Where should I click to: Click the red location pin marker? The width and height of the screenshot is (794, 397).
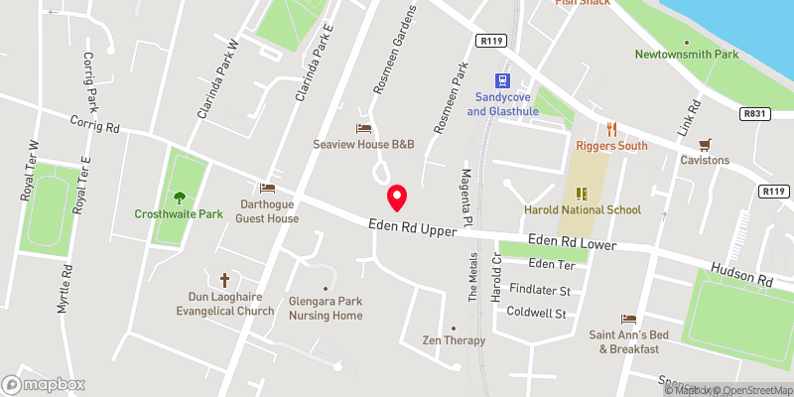(397, 198)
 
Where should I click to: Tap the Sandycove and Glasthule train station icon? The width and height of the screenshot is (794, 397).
(504, 80)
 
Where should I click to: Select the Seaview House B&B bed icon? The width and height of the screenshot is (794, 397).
(363, 128)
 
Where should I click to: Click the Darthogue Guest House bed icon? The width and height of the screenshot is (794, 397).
(266, 188)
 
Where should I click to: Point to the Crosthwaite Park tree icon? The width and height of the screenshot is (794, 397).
(180, 197)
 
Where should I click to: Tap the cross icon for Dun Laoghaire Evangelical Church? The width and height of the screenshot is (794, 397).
(224, 280)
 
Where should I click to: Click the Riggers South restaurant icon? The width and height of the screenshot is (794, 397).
(612, 129)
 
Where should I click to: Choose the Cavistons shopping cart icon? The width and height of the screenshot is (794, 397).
(705, 144)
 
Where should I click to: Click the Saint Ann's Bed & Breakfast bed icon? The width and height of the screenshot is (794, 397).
(626, 319)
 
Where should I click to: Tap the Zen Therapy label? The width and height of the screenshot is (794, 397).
(453, 340)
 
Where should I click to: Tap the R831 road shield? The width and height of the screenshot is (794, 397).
(757, 115)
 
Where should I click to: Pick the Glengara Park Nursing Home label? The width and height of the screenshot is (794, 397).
(326, 308)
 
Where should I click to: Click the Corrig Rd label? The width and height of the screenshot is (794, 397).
(95, 125)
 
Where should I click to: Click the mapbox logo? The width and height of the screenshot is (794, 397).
(43, 383)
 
